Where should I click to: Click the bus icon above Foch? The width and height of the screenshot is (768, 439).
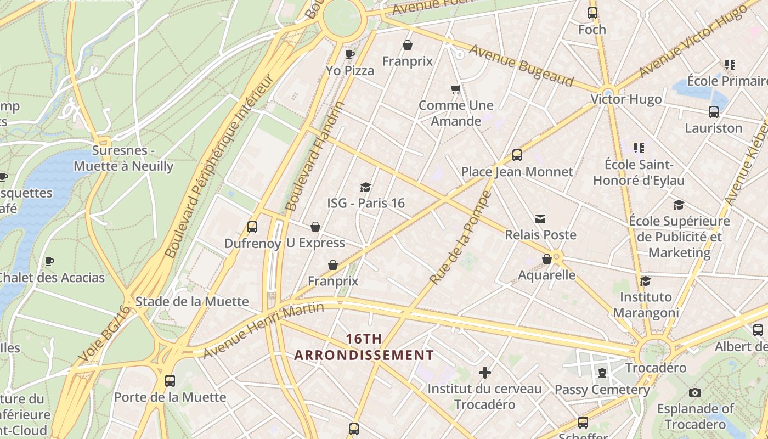click(592, 13)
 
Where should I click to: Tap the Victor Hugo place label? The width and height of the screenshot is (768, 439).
click(626, 99)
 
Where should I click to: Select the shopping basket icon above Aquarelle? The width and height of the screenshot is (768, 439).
click(547, 259)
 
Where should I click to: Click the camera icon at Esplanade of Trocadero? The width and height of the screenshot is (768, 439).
click(695, 392)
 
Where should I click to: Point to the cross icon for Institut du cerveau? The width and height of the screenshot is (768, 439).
click(485, 373)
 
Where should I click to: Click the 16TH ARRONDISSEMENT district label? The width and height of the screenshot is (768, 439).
click(364, 347)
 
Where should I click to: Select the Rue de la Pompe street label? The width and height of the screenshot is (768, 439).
click(460, 238)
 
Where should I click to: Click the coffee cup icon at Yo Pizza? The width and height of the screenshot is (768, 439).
click(349, 54)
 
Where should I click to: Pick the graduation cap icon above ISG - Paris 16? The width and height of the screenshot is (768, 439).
click(365, 188)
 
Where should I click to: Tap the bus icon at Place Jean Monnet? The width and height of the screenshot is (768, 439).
click(517, 155)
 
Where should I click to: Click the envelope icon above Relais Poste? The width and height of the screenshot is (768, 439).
click(540, 219)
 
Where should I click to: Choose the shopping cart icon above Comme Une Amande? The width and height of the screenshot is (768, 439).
click(455, 89)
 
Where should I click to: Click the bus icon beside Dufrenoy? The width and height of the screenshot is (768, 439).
click(252, 227)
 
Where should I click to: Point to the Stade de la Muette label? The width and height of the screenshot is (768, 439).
click(192, 301)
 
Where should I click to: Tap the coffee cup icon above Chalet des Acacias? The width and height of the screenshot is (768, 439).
click(49, 261)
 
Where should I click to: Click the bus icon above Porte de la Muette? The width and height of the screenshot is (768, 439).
click(170, 380)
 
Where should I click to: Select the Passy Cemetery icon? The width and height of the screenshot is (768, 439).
click(602, 374)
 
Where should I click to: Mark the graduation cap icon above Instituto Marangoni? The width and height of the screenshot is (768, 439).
click(646, 281)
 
